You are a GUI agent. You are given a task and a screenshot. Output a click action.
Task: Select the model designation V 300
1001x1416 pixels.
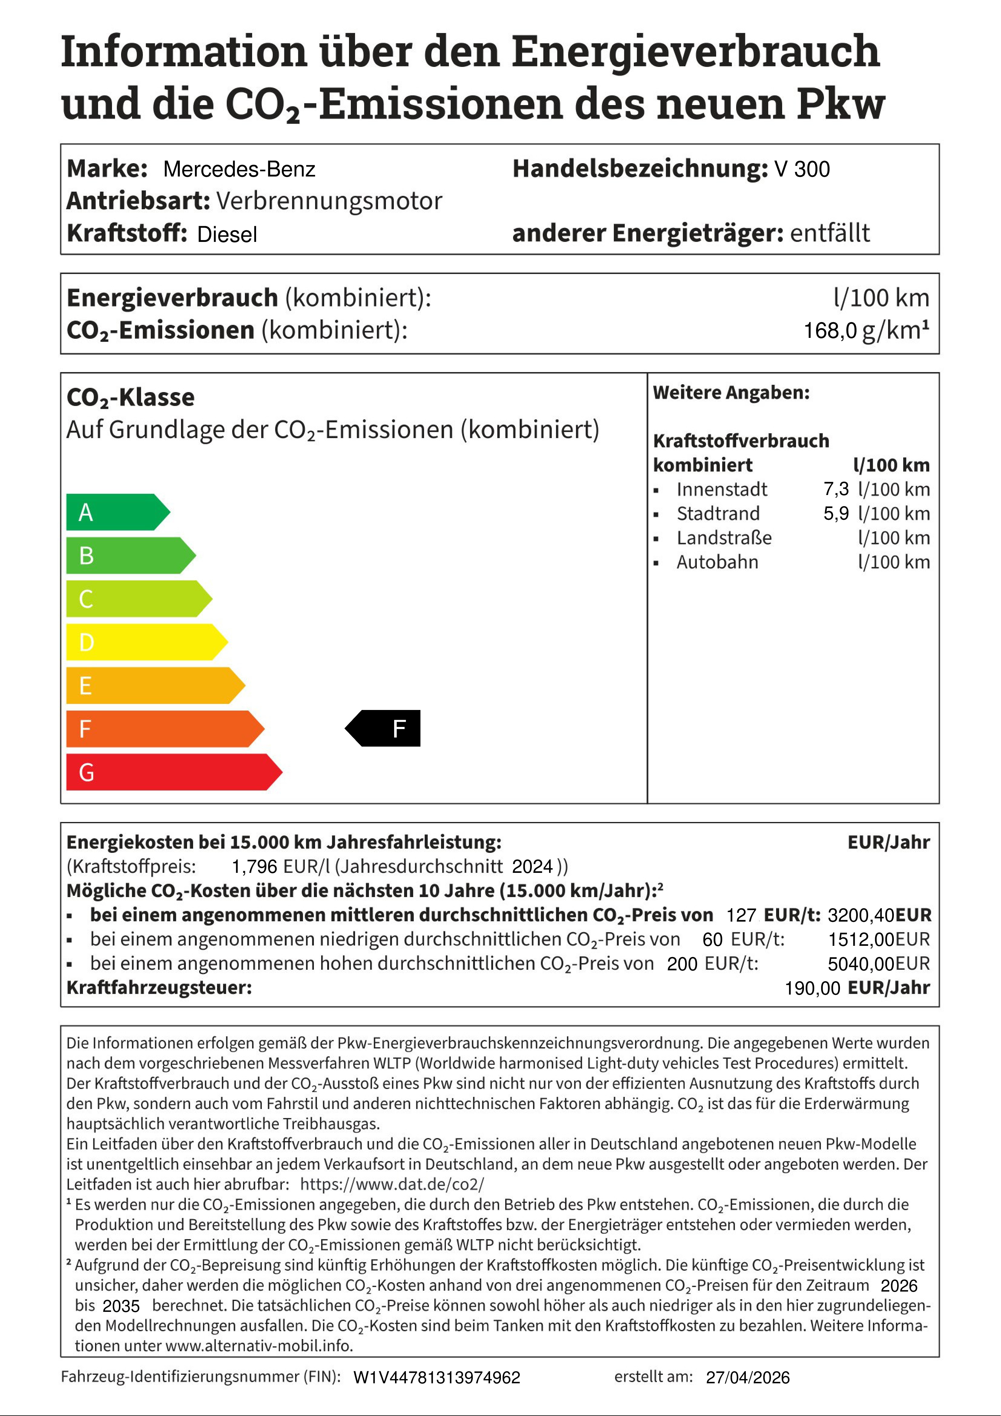pos(802,169)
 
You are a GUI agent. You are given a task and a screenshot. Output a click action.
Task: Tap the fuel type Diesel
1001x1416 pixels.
pos(227,234)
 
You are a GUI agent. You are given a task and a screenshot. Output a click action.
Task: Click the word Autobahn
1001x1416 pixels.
pos(717,562)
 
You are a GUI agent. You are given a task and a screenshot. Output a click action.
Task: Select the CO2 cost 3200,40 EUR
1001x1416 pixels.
pos(879,915)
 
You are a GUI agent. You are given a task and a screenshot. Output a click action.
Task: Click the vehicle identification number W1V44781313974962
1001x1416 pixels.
pos(437,1378)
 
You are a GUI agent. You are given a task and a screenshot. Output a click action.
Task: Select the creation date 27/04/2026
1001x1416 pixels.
pos(748,1378)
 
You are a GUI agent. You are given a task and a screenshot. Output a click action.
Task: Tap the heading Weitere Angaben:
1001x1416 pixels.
pos(731,393)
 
